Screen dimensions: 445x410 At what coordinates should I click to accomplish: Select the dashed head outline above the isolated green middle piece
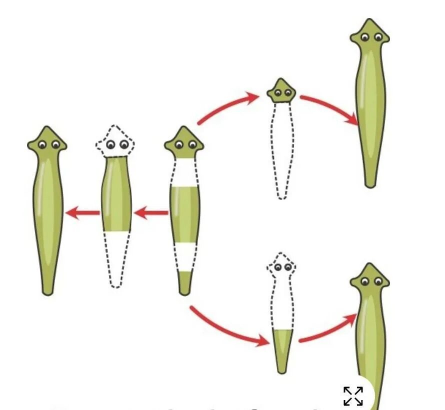(x=115, y=141)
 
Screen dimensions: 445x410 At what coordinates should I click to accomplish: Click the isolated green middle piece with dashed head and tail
(x=116, y=195)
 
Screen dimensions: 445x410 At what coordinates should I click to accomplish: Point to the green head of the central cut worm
(x=184, y=142)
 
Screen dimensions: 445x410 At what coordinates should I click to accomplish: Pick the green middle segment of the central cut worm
(x=184, y=214)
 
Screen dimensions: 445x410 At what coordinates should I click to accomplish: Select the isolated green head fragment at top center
(x=281, y=91)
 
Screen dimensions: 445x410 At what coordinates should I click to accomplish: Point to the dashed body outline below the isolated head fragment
(x=281, y=150)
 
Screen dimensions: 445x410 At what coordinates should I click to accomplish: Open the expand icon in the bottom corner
(x=353, y=396)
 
